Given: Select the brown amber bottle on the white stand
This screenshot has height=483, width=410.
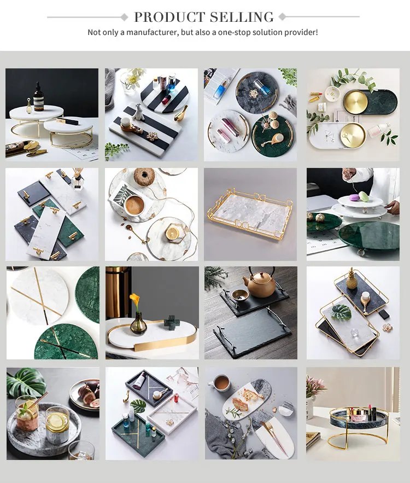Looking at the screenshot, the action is (38, 97).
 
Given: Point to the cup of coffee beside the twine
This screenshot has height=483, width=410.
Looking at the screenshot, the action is (134, 205).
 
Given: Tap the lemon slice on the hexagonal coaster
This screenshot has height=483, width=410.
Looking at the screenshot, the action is (173, 233).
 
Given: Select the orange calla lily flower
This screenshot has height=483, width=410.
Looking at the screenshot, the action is (134, 300).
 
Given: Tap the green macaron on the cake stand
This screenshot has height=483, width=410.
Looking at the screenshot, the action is (364, 195).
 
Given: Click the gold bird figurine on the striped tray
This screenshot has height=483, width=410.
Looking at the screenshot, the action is (181, 114).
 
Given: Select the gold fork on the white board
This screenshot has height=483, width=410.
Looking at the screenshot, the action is (270, 430).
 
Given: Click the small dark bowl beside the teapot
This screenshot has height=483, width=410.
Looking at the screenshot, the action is (240, 294).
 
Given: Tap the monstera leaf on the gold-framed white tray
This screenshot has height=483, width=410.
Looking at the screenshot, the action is (341, 311).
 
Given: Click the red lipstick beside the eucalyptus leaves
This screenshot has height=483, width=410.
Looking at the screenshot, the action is (317, 94).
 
